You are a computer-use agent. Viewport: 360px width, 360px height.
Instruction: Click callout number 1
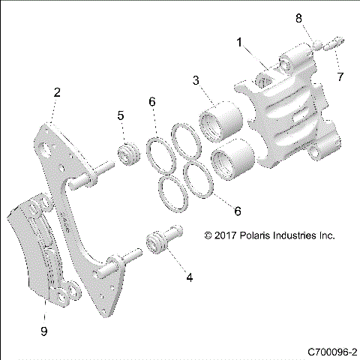point(239,44)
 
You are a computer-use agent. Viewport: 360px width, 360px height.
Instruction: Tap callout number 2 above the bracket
point(56,92)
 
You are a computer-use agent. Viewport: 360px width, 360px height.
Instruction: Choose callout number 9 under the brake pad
point(43,329)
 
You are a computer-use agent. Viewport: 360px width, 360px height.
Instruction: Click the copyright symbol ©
point(208,235)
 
